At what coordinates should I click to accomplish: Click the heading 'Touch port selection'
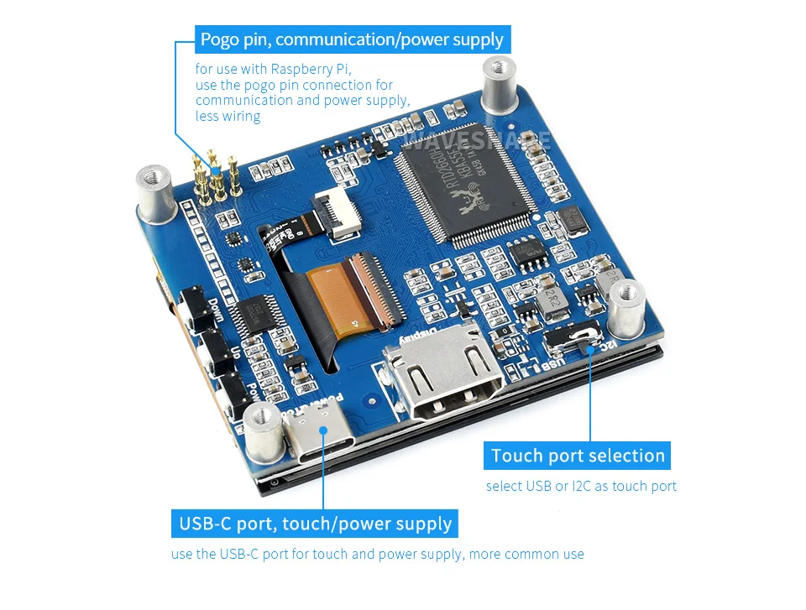pyautogui.click(x=578, y=456)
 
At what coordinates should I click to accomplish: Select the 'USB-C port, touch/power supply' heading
pyautogui.click(x=315, y=525)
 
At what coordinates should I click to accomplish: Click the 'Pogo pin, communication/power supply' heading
pyautogui.click(x=351, y=39)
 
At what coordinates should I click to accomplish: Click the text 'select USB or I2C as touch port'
pyautogui.click(x=581, y=487)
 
